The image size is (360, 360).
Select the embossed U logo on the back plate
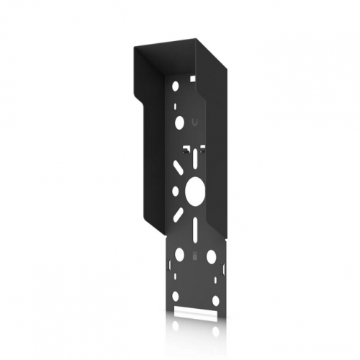[x=197, y=122]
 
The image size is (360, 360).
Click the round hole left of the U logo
[x=179, y=124]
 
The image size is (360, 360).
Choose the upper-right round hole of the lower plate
[x=212, y=256]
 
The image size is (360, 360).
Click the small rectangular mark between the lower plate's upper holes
[x=194, y=257]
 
